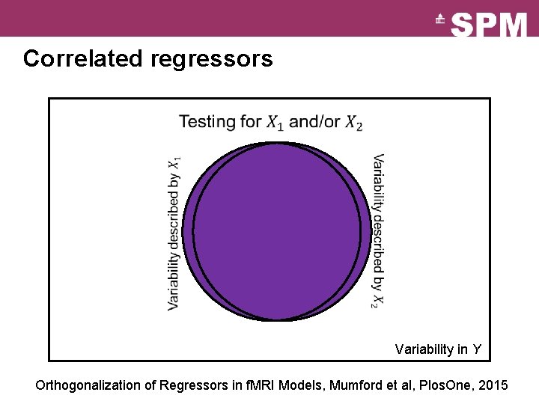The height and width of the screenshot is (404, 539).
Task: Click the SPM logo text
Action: pos(490,25)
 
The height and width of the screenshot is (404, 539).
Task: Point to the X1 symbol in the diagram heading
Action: pos(275,122)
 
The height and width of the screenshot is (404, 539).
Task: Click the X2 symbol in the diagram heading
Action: pos(353,122)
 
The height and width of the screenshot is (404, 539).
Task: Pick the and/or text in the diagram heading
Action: pos(314,121)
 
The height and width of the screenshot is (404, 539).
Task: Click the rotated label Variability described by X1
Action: pos(174,233)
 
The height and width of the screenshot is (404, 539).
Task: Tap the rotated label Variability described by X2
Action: pos(379,231)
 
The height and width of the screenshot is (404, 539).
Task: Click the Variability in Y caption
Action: pos(438,349)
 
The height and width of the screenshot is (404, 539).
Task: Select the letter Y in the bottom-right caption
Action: pos(477,349)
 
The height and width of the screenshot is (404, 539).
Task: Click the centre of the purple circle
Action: pos(277,231)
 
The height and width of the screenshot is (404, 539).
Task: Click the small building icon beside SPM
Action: pos(441,20)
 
